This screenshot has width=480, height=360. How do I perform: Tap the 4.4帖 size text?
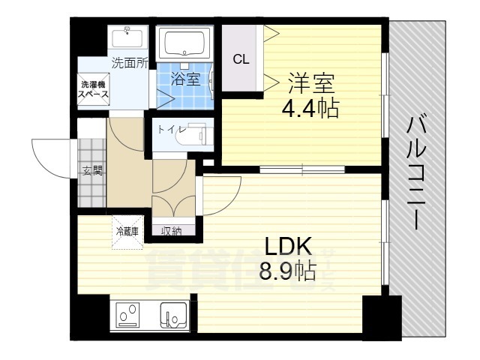point(310,109)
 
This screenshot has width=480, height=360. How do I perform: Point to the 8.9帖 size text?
point(287,270)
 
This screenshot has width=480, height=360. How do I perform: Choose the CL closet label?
point(241,60)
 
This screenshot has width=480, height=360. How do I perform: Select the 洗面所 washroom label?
point(129,64)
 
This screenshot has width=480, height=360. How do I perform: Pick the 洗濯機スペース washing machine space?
point(95,89)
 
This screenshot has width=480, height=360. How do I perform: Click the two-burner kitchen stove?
point(127,315)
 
